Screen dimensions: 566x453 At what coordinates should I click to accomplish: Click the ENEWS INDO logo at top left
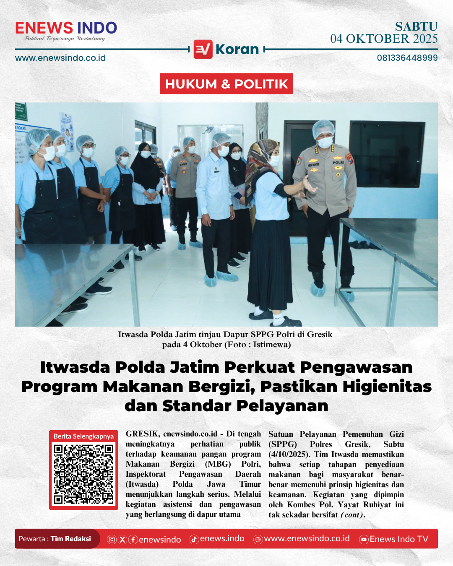click(x=66, y=29)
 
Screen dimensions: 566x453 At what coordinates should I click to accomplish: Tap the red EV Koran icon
click(x=203, y=49)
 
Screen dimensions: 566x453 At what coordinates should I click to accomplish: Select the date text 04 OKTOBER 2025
click(x=384, y=39)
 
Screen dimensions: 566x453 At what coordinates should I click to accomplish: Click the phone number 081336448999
click(x=407, y=58)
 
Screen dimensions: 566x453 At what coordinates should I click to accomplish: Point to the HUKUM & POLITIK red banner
click(x=226, y=84)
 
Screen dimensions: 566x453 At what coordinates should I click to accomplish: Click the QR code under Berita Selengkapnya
click(x=83, y=474)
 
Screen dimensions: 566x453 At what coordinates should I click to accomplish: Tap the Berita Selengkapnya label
click(x=83, y=436)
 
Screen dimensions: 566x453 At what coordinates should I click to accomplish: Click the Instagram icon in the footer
click(x=112, y=540)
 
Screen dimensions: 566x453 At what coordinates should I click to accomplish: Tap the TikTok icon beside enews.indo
click(x=194, y=540)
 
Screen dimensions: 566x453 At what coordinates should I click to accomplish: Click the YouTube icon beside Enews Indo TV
click(x=364, y=540)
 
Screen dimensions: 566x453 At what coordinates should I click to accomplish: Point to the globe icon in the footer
click(x=258, y=540)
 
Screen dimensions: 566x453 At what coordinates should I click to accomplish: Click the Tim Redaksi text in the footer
click(x=70, y=539)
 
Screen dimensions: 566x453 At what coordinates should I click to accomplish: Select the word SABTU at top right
click(x=416, y=26)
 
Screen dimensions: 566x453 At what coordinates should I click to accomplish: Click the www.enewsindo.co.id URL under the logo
click(x=60, y=58)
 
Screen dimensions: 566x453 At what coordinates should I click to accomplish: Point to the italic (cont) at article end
click(x=352, y=515)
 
